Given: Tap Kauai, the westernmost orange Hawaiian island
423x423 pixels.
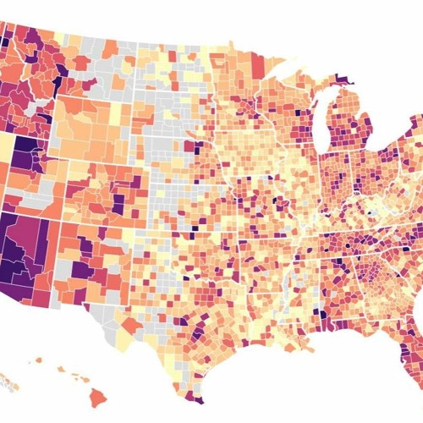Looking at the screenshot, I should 38,360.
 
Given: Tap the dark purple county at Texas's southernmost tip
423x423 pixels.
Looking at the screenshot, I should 195,398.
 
